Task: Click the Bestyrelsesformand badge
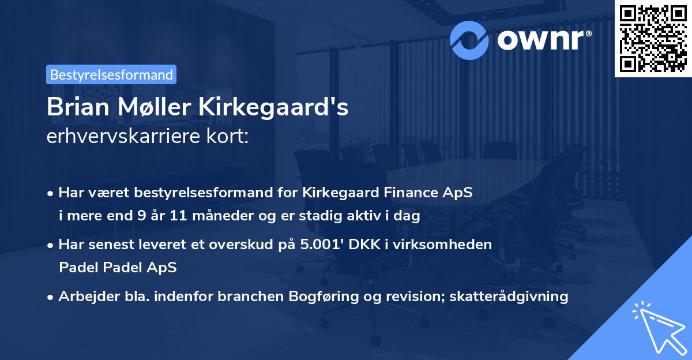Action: pos(111,74)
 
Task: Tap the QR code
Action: pos(653,38)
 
